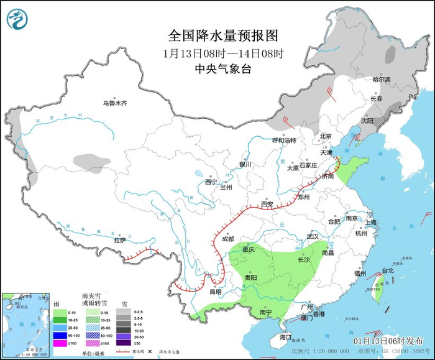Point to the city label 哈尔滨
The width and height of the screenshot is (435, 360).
pyautogui.click(x=382, y=80)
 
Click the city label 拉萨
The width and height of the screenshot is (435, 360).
pyautogui.click(x=120, y=240)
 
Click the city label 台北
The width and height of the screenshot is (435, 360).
pyautogui.click(x=387, y=271)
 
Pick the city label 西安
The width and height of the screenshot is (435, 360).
pyautogui.click(x=267, y=204)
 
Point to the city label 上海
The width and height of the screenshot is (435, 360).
pyautogui.click(x=372, y=222)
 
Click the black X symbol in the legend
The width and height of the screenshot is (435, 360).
pyautogui.click(x=150, y=352)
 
